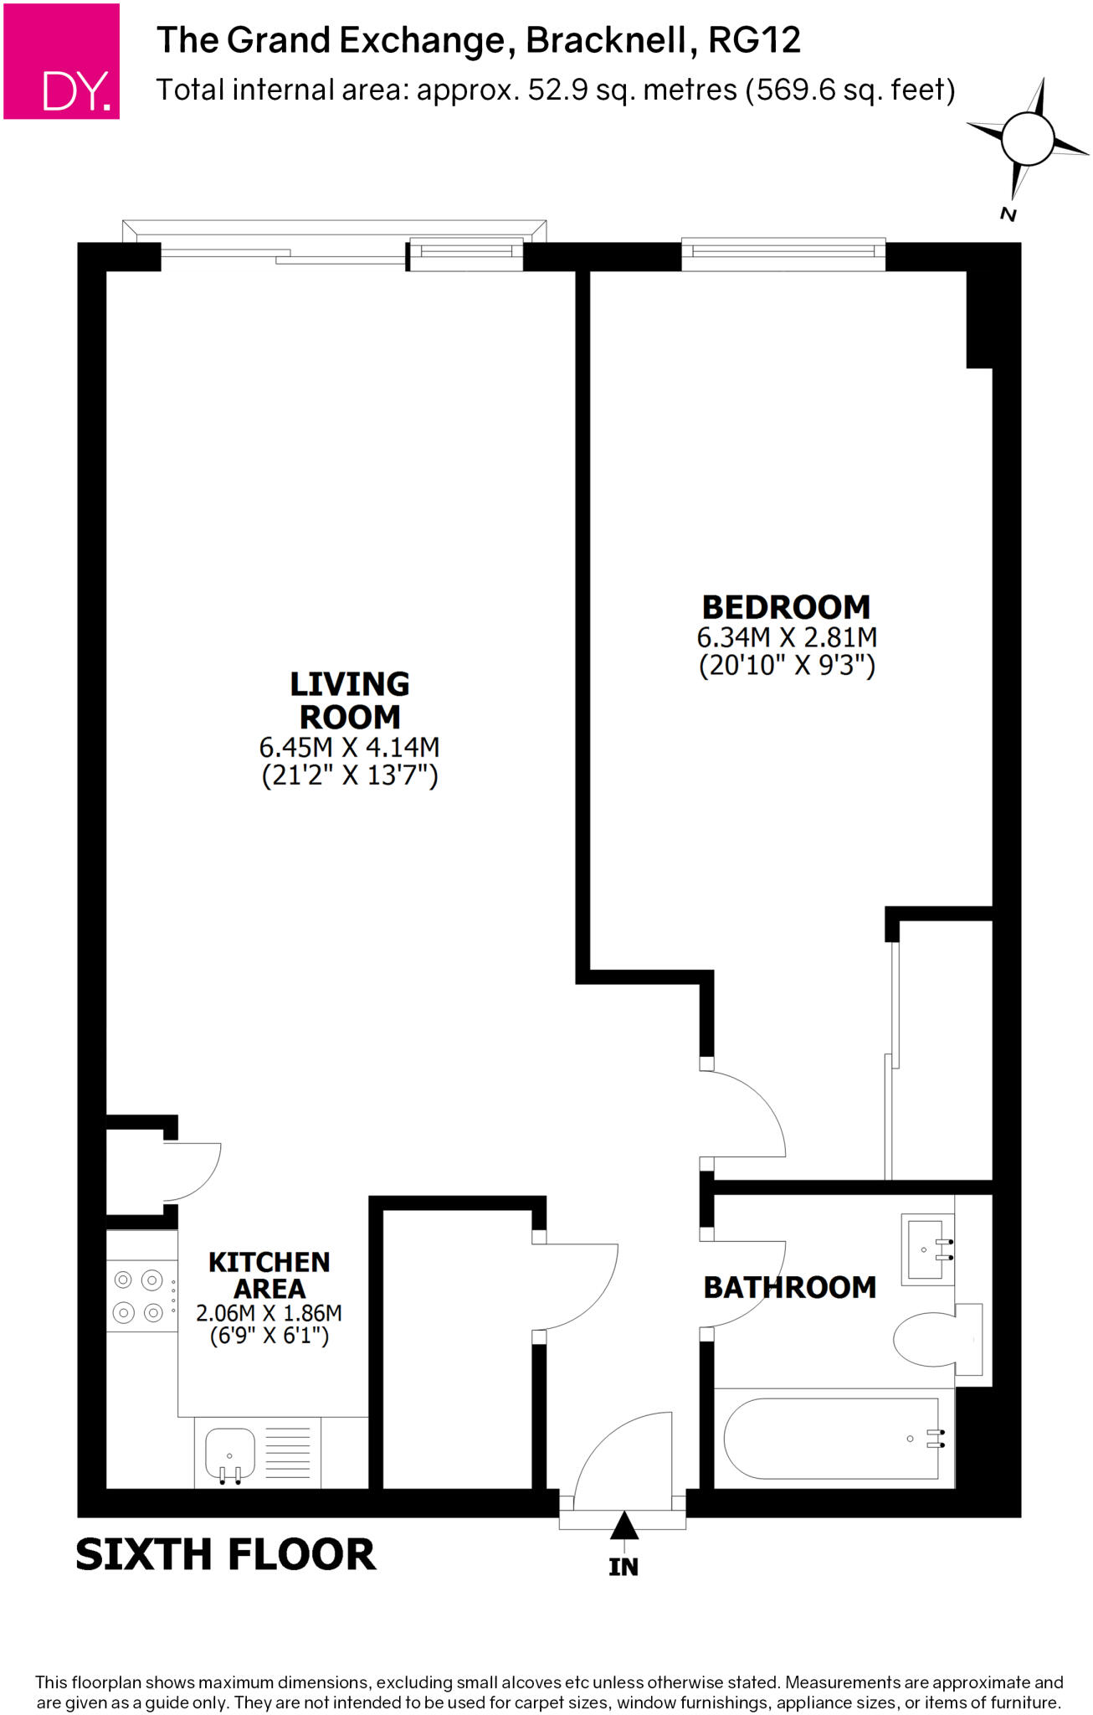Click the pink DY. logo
point(62,61)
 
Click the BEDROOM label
point(786,607)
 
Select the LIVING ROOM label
point(350,700)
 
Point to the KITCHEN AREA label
point(269,1275)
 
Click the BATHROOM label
point(789,1287)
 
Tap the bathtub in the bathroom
point(834,1438)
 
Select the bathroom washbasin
point(926,1249)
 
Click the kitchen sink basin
point(229,1454)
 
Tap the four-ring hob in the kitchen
point(139,1296)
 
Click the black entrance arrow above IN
point(623,1526)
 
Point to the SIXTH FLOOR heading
point(226,1555)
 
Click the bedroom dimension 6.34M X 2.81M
point(787,637)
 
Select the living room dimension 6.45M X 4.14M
point(349,747)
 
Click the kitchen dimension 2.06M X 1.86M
point(269,1313)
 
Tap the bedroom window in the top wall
point(783,253)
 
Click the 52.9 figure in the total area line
point(557,90)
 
